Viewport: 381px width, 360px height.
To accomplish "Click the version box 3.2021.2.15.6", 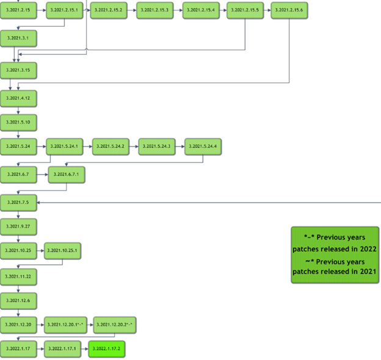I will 289,11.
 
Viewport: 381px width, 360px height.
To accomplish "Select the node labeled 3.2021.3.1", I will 18,38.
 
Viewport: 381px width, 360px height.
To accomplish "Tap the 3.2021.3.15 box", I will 18,70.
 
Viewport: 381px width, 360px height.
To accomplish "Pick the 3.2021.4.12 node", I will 18,98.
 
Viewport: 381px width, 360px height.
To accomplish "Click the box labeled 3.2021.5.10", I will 18,123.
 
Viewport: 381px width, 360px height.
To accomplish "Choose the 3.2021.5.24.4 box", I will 203,146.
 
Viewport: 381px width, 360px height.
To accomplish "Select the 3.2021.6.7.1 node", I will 66,175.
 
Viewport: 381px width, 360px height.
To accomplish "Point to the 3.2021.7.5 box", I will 18,201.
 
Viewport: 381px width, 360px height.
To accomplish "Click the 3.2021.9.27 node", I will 18,226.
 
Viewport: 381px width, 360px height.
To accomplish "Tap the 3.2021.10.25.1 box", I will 62,250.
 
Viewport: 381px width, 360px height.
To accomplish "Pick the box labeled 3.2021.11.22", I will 18,276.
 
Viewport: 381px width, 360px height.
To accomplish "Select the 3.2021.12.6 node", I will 18,301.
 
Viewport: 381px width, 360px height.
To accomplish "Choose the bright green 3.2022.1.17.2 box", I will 107,349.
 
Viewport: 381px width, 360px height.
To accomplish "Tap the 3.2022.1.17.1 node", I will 62,349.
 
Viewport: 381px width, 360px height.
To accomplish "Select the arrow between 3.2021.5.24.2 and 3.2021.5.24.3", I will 133,146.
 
